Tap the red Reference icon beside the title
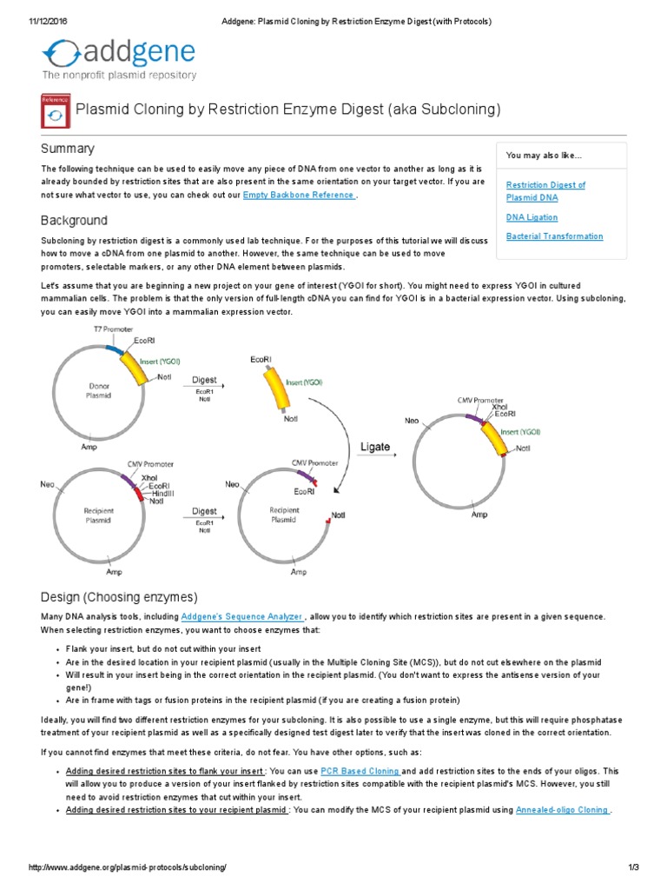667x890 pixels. tap(56, 111)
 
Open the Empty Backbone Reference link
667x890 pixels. tap(299, 196)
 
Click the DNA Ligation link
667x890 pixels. tap(532, 217)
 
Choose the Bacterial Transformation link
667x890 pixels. tap(554, 236)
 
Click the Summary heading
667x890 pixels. tap(68, 149)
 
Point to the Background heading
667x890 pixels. tap(75, 221)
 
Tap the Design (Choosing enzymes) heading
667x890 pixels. tap(120, 597)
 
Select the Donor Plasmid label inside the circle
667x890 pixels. tap(98, 389)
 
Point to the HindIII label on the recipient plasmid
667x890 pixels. tap(163, 493)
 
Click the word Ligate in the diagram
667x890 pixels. tap(375, 448)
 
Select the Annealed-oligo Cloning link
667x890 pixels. tap(562, 810)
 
